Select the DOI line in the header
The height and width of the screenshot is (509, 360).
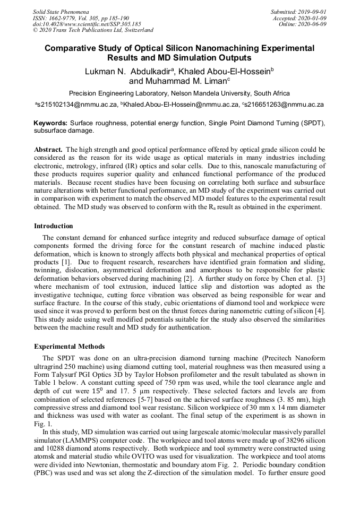pyautogui.click(x=87, y=24)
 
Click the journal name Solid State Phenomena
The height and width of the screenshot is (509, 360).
pyautogui.click(x=61, y=11)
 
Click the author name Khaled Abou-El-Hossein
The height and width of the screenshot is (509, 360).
pyautogui.click(x=226, y=71)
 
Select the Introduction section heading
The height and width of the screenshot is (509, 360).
pyautogui.click(x=54, y=226)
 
